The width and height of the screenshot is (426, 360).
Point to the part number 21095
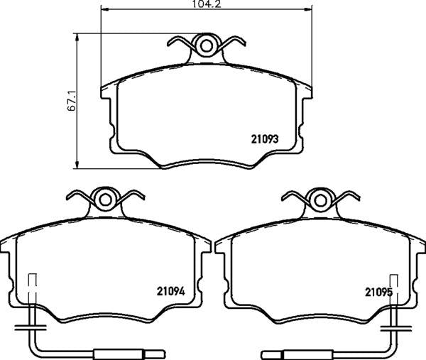(378, 290)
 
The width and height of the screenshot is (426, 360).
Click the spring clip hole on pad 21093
(207, 46)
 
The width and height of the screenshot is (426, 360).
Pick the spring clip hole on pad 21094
(105, 200)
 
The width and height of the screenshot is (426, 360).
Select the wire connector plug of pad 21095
(288, 352)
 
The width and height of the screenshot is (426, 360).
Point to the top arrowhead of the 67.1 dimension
(77, 36)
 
